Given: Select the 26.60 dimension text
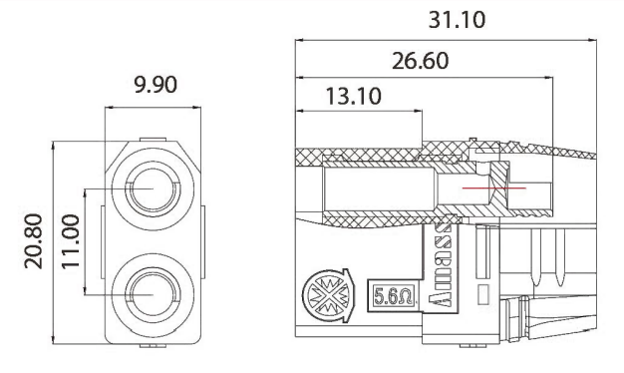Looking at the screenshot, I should [420, 62].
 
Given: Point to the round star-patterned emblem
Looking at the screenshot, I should [325, 297].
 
